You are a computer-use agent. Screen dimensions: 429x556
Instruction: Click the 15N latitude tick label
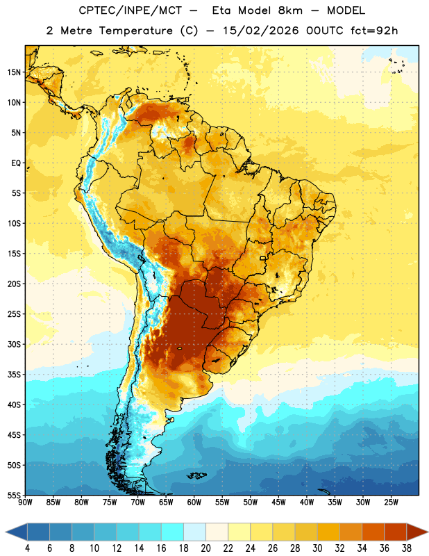pyautogui.click(x=14, y=72)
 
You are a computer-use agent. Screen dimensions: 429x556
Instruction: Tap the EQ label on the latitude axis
pyautogui.click(x=16, y=163)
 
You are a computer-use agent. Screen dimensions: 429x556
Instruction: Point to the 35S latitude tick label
pyautogui.click(x=14, y=375)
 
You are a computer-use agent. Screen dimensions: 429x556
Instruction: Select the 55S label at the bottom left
pyautogui.click(x=14, y=496)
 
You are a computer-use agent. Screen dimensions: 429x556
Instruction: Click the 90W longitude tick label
pyautogui.click(x=25, y=502)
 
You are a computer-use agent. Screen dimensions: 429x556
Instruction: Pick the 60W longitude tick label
pyautogui.click(x=194, y=502)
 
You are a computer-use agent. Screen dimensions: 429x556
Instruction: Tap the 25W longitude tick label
pyautogui.click(x=391, y=502)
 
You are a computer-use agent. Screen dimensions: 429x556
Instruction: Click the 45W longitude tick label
pyautogui.click(x=278, y=502)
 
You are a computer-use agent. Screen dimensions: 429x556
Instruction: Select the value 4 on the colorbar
pyautogui.click(x=27, y=548)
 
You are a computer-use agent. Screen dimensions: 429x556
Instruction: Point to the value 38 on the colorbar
pyautogui.click(x=407, y=548)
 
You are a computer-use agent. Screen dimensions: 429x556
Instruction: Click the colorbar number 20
pyautogui.click(x=205, y=548)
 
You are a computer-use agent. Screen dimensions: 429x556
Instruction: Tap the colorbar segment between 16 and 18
pyautogui.click(x=173, y=532)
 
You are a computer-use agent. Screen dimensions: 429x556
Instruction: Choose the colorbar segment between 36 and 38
pyautogui.click(x=396, y=532)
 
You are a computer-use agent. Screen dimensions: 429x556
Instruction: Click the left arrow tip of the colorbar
pyautogui.click(x=6, y=532)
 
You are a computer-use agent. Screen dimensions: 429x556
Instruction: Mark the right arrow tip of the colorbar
pyautogui.click(x=428, y=532)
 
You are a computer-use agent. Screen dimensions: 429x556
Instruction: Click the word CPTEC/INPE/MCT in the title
pyautogui.click(x=131, y=10)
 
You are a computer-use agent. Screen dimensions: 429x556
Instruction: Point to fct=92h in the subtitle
pyautogui.click(x=374, y=31)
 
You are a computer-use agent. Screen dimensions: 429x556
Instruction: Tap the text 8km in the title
pyautogui.click(x=290, y=10)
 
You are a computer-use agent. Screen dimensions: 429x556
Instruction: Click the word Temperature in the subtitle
pyautogui.click(x=135, y=31)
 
